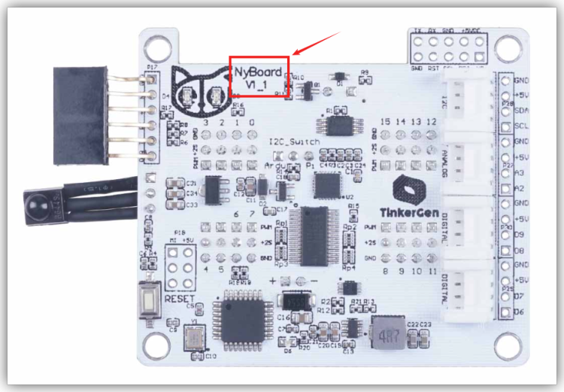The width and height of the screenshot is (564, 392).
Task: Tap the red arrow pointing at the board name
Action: click(x=317, y=43)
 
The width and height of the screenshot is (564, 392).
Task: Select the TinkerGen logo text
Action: click(x=407, y=211)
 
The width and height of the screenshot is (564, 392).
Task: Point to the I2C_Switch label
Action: click(x=294, y=141)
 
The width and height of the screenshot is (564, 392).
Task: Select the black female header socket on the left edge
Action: click(x=80, y=115)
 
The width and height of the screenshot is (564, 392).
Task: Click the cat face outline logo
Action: click(x=201, y=87)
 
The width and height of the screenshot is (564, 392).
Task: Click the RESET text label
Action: click(x=179, y=299)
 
